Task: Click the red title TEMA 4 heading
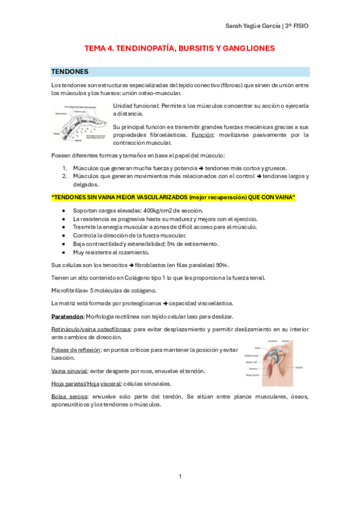pos(179,47)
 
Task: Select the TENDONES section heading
pos(70,72)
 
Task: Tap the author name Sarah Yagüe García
pos(251,26)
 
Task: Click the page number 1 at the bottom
pos(180,477)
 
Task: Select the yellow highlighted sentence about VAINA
pos(173,198)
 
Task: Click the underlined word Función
pos(203,135)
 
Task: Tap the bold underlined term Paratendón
pos(67,316)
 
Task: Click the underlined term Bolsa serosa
pos(69,396)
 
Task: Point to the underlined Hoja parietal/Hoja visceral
pos(86,383)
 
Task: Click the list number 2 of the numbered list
pos(64,176)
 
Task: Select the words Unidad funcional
pos(132,106)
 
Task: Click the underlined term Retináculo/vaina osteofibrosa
pos(90,329)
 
